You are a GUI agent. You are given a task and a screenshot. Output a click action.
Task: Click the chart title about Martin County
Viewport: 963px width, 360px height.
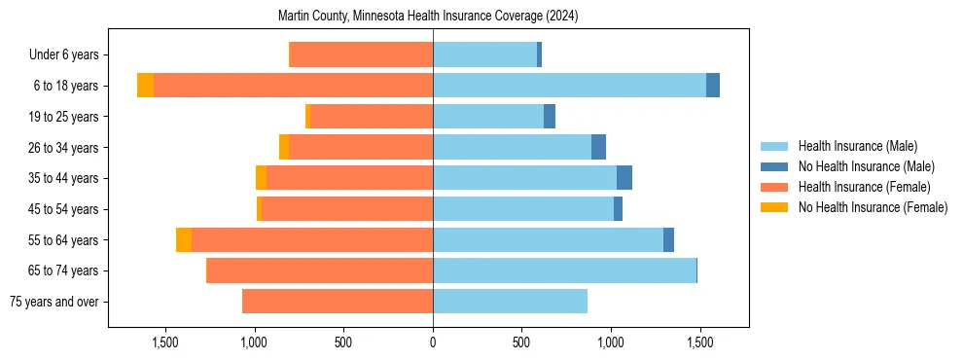[x=428, y=17]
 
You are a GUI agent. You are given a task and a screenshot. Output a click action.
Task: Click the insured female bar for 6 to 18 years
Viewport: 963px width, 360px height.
[x=293, y=86]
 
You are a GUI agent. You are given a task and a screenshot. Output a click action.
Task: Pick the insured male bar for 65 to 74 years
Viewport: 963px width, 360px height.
[x=564, y=270]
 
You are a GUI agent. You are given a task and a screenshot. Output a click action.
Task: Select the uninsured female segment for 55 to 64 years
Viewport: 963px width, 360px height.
[x=184, y=240]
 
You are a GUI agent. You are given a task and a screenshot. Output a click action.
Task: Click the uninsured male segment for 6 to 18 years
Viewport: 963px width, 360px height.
[x=713, y=86]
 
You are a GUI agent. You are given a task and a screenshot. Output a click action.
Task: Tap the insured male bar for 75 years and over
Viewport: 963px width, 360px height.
[x=510, y=302]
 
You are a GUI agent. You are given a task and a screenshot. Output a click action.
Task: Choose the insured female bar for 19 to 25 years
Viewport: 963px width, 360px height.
[x=372, y=117]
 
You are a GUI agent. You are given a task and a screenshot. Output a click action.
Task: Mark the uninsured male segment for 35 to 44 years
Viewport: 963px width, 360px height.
[x=624, y=178]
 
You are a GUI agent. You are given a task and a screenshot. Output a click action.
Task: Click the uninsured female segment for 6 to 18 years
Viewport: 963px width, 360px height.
[x=145, y=86]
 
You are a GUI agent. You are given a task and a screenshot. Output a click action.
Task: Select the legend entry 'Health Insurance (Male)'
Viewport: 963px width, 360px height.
[x=857, y=147]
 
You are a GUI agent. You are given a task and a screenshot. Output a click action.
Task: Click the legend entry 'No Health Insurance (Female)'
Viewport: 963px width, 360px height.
[x=873, y=207]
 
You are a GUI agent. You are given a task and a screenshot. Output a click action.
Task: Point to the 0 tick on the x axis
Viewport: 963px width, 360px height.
[x=433, y=342]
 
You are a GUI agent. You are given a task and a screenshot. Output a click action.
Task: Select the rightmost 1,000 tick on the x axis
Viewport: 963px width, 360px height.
[x=611, y=342]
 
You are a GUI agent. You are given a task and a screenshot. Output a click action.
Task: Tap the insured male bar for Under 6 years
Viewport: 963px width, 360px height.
[x=484, y=55]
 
